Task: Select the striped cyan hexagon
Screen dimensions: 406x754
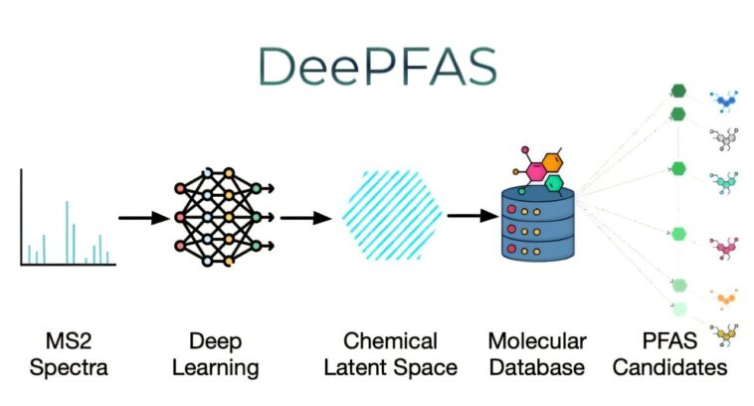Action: click(x=391, y=212)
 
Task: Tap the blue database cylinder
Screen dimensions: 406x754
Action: click(x=538, y=227)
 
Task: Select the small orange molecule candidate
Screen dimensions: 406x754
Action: click(x=724, y=297)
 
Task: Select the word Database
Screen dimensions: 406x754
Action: click(x=536, y=368)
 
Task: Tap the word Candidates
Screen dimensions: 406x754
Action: click(x=669, y=368)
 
